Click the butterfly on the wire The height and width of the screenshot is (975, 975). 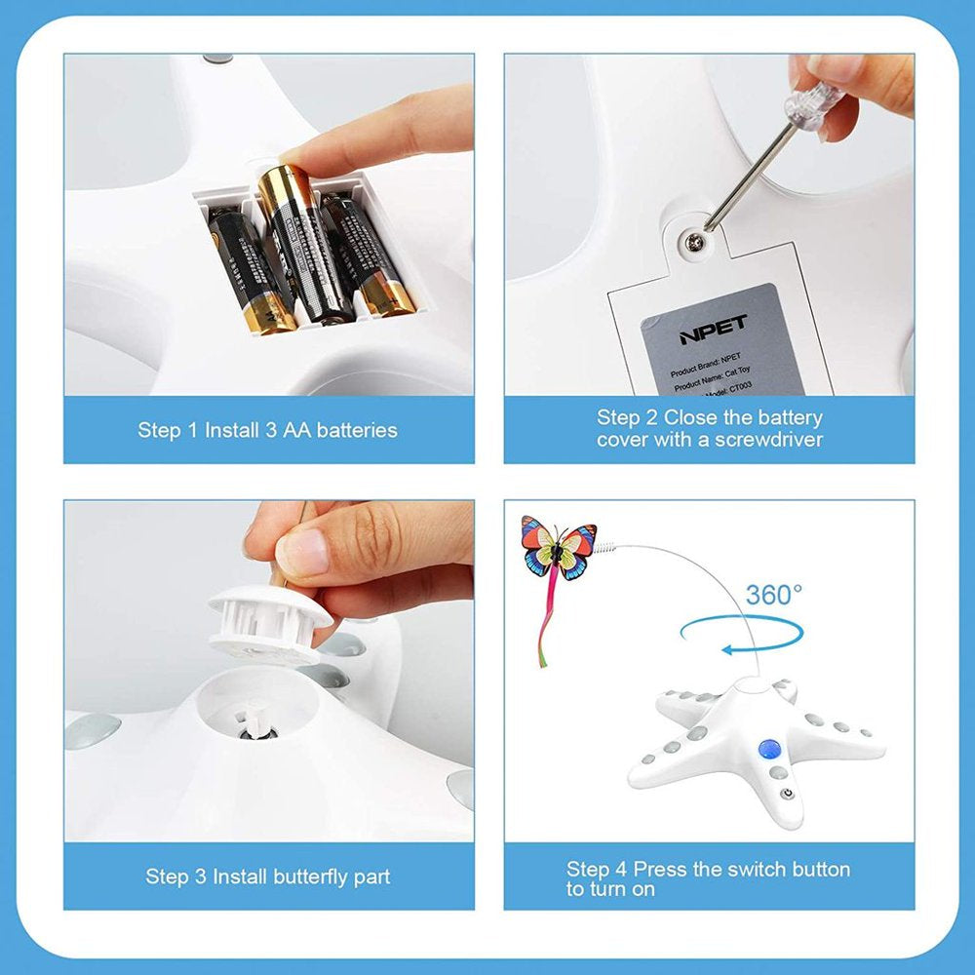pos(558,548)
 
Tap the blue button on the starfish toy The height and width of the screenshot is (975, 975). pos(767,750)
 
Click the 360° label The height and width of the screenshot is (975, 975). pos(775,596)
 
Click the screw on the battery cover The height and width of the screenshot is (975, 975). pos(693,240)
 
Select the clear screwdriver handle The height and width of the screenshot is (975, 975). pos(815,104)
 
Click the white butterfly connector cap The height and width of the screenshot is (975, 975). pos(265,622)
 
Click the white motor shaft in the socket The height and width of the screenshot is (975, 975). pos(255,722)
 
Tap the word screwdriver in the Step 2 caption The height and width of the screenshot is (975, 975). pos(768,440)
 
